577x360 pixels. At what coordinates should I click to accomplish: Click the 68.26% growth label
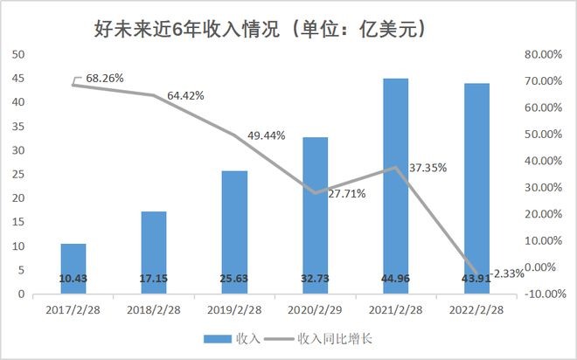(102, 78)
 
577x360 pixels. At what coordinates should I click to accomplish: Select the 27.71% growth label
(348, 192)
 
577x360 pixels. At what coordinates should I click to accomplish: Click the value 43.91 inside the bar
(476, 278)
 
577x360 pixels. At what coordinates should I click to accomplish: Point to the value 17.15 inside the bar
(154, 278)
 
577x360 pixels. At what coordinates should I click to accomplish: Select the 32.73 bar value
(315, 278)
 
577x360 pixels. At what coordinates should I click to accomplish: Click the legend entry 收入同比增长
(335, 338)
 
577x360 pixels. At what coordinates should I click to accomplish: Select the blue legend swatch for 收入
(215, 338)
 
